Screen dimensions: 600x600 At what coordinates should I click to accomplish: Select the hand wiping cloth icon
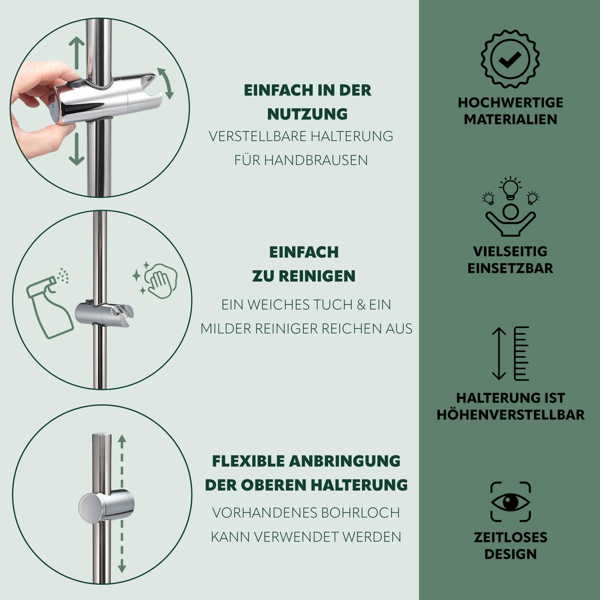point(155,278)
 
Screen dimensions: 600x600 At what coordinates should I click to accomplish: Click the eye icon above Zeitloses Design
point(510,502)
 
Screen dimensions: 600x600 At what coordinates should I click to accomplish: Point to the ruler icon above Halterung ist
point(521,353)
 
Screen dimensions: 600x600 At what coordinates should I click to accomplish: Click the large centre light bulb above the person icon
point(510,188)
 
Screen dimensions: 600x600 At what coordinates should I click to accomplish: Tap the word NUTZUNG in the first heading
point(307,114)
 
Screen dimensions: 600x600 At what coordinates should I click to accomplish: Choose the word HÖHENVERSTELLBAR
point(510,415)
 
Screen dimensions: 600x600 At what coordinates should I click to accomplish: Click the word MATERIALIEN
point(510,119)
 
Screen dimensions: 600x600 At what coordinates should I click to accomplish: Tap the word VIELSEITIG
point(510,251)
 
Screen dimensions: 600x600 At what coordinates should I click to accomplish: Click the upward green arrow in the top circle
point(76,52)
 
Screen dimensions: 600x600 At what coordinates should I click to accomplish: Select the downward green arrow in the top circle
point(76,148)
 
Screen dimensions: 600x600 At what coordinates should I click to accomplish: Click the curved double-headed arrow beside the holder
point(165,83)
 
